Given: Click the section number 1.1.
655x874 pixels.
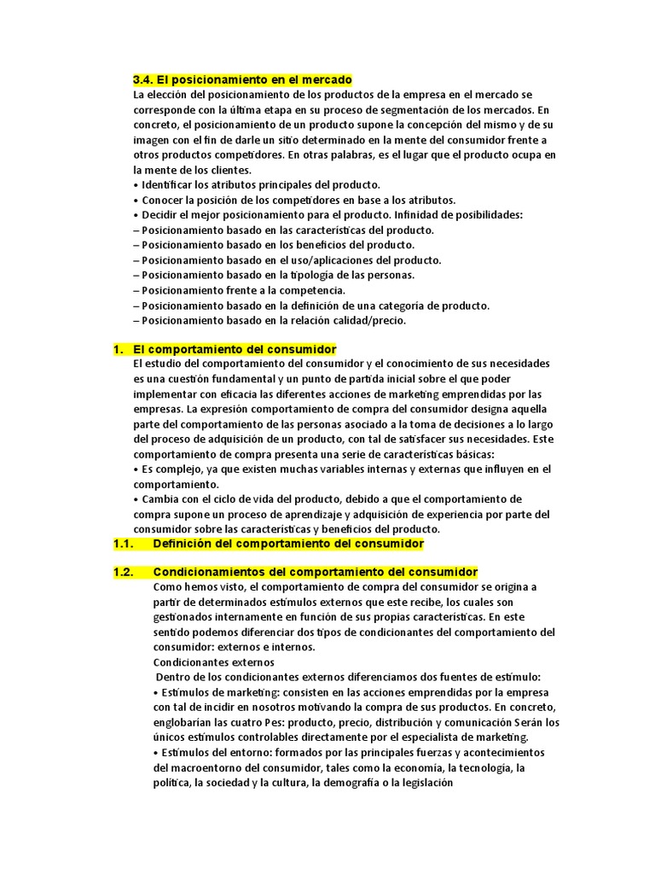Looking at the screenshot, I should pyautogui.click(x=125, y=544).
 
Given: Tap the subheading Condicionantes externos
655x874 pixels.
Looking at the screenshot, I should pyautogui.click(x=213, y=661).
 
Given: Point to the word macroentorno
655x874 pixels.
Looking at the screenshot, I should pyautogui.click(x=210, y=767).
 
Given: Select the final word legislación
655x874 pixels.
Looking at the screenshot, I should pyautogui.click(x=414, y=782).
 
